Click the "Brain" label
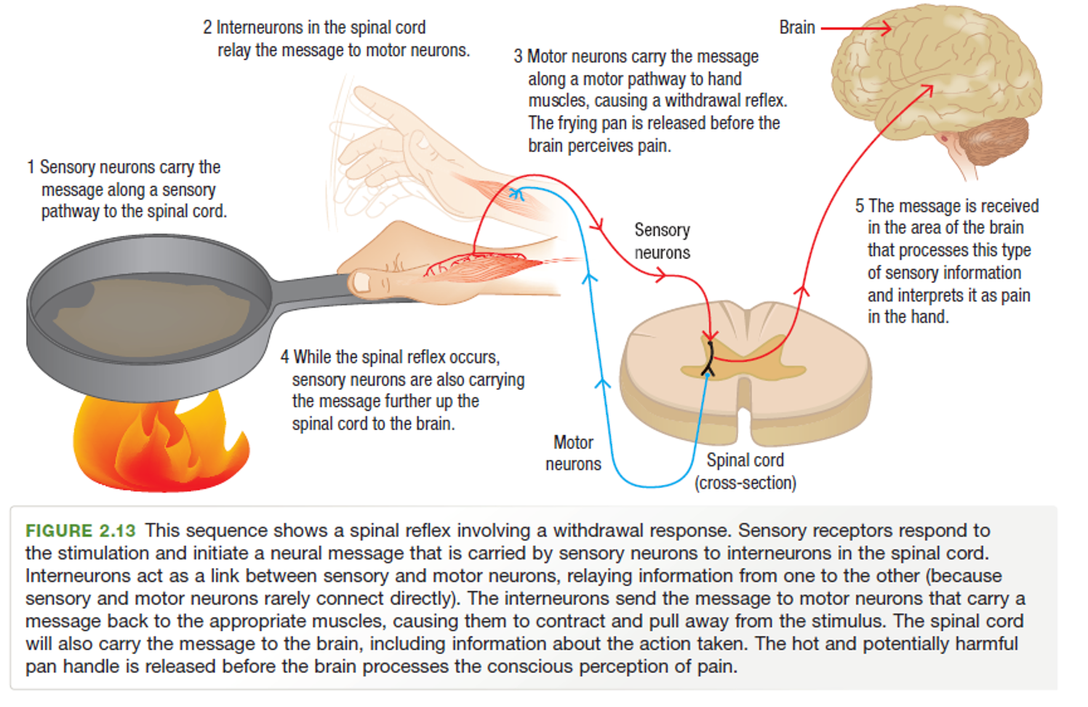tap(797, 28)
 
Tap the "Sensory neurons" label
tap(662, 241)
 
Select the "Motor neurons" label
tap(573, 453)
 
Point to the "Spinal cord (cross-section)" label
tap(745, 471)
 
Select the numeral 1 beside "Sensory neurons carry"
tap(31, 167)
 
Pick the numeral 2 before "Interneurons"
tap(207, 28)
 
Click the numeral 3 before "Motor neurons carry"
tap(518, 57)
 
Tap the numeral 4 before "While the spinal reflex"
tap(284, 357)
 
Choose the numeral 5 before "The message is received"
tap(860, 207)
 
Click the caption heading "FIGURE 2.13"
tap(81, 530)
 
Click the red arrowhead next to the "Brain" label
tap(884, 28)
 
